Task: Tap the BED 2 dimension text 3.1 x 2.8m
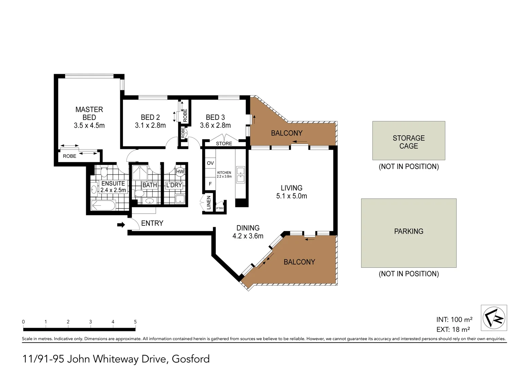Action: (150, 125)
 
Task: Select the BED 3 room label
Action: (215, 117)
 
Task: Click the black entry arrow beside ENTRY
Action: (121, 225)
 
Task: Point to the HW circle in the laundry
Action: (180, 172)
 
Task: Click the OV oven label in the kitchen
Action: (210, 163)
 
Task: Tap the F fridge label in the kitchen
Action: (210, 184)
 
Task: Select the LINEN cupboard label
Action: (208, 203)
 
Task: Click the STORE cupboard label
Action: (224, 143)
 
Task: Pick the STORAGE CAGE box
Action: (409, 141)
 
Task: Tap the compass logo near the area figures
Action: (494, 318)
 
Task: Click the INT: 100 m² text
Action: (454, 320)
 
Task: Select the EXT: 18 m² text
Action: (453, 330)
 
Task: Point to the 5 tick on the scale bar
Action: (135, 322)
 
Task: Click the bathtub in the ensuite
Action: (103, 205)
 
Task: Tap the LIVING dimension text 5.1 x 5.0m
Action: (291, 196)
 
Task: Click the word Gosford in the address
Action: (190, 359)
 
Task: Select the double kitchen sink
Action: (240, 175)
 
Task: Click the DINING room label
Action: (248, 228)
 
